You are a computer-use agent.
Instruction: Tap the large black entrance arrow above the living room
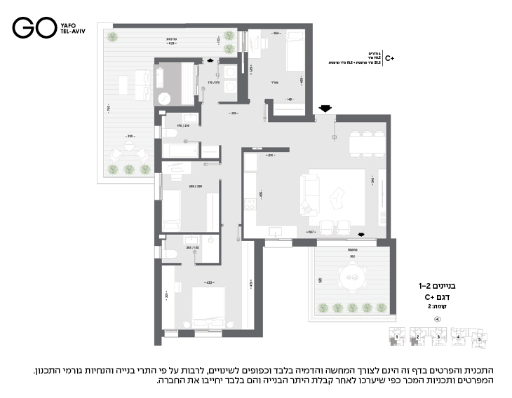325,108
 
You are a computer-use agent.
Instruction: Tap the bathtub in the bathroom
181,149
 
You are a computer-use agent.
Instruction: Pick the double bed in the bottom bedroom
208,306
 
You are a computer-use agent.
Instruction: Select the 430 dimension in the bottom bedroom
208,282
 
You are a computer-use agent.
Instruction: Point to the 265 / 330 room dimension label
196,186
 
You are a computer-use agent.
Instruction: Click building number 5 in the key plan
481,340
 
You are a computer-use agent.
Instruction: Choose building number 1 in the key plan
396,337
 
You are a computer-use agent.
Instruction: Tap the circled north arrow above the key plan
438,319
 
